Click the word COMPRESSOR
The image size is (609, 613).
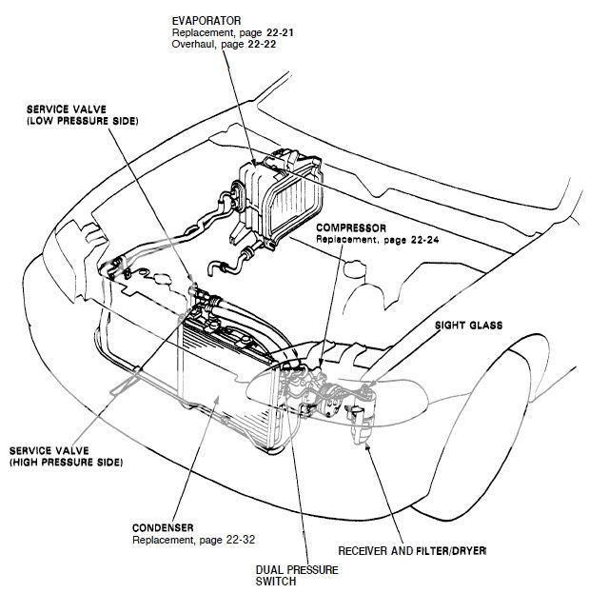click(x=351, y=228)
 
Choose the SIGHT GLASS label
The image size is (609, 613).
click(x=467, y=325)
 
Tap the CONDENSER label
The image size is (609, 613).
click(x=165, y=526)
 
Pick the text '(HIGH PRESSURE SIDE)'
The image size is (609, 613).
click(x=68, y=462)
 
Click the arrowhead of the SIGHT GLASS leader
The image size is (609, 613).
click(x=366, y=386)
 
